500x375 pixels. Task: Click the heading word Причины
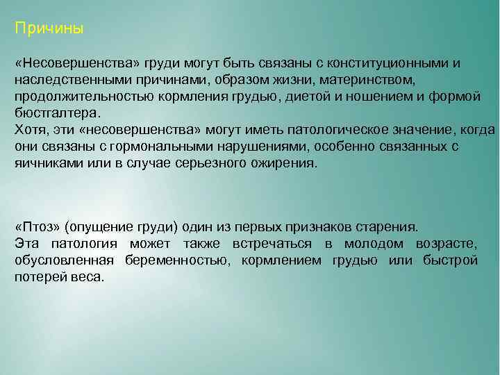coord(49,30)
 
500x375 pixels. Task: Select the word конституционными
coord(387,63)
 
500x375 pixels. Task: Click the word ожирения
coord(284,163)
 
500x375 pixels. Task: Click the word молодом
coord(375,244)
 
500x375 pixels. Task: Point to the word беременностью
coord(178,260)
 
